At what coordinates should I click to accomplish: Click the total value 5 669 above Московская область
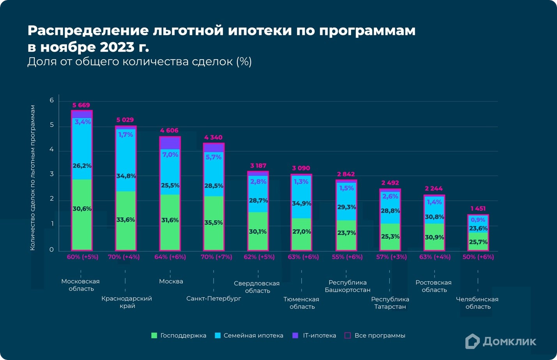click(x=81, y=105)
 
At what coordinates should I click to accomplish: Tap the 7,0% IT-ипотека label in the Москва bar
click(x=170, y=155)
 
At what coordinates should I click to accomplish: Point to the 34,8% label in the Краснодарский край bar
click(x=126, y=176)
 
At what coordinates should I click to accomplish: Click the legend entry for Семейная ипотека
click(x=249, y=335)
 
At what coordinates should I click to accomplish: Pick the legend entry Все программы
click(x=375, y=335)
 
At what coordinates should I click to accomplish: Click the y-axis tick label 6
click(x=52, y=101)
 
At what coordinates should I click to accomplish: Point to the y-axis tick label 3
click(x=52, y=175)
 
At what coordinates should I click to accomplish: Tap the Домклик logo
click(x=501, y=341)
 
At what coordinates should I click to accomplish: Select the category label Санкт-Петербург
click(x=214, y=298)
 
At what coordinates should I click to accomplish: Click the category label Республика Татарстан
click(x=390, y=303)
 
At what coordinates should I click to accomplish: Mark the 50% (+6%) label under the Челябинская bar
click(x=478, y=257)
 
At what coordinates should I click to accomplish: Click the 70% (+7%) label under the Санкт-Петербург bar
click(x=216, y=257)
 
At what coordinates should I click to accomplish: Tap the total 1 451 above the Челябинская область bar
click(x=478, y=208)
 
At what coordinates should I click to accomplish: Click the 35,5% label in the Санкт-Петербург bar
click(x=214, y=223)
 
